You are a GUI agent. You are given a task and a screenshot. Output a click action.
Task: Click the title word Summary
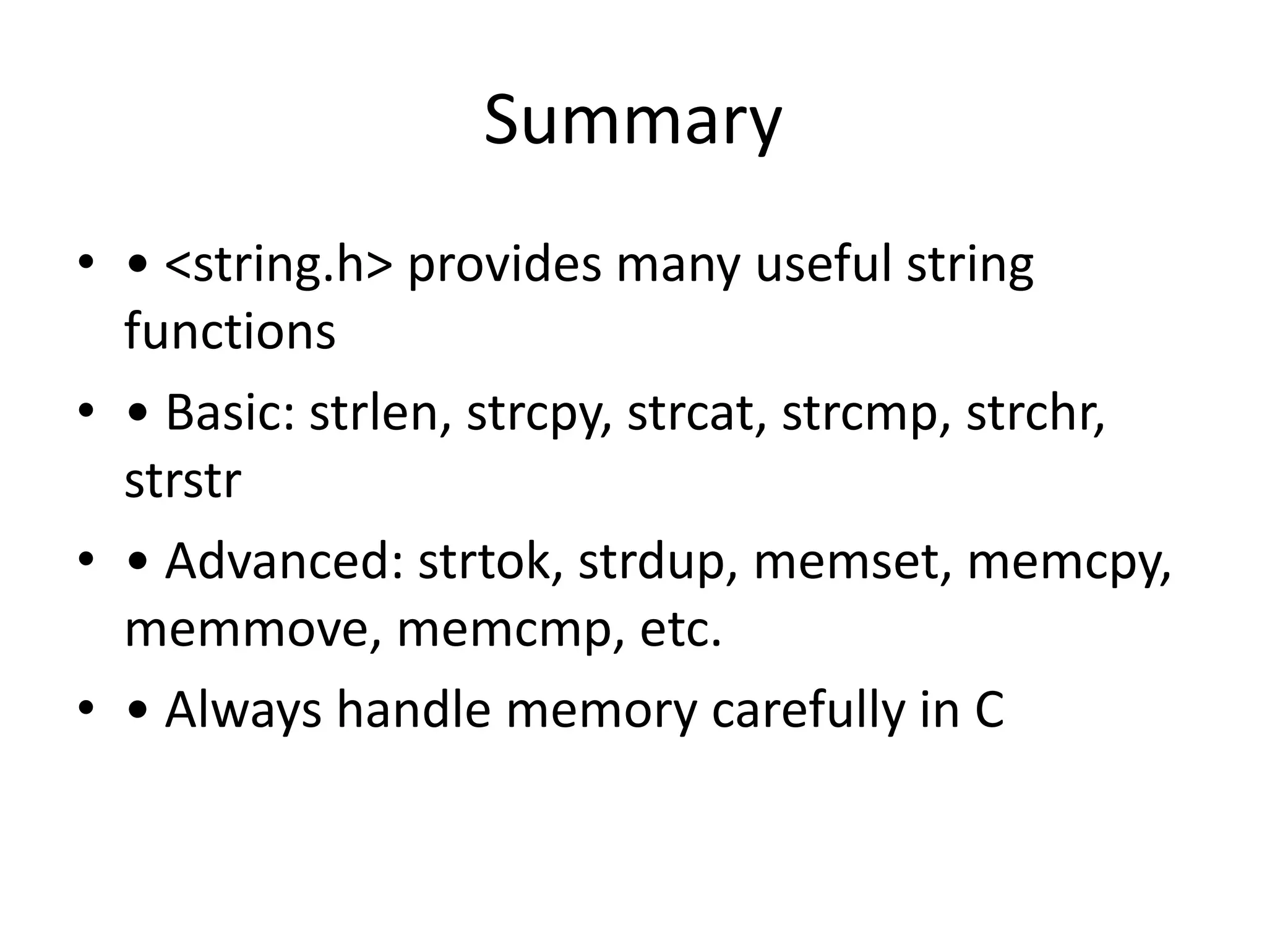click(x=632, y=121)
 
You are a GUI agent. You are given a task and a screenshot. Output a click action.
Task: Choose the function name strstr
click(x=183, y=481)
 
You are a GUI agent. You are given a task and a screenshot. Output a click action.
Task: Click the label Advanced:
click(x=283, y=562)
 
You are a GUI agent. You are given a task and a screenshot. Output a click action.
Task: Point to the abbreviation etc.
click(x=680, y=629)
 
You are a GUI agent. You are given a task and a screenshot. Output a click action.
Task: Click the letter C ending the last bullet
click(x=989, y=710)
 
